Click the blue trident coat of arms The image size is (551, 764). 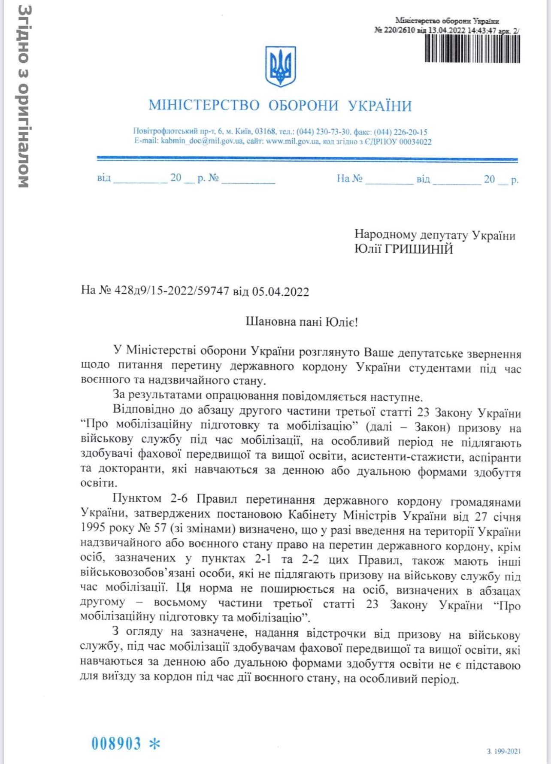(x=281, y=67)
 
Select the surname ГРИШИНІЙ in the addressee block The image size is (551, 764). (x=422, y=249)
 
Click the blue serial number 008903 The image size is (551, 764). (x=116, y=744)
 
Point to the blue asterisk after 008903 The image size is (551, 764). (x=154, y=744)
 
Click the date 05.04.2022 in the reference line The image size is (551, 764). (x=280, y=292)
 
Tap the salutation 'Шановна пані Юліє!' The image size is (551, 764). (x=302, y=322)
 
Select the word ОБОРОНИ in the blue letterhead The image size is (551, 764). (x=303, y=106)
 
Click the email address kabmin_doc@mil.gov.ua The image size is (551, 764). (x=202, y=141)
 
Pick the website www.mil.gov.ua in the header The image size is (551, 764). (x=293, y=141)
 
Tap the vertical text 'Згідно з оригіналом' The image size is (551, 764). (x=24, y=96)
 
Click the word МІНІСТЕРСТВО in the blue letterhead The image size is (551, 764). (x=204, y=106)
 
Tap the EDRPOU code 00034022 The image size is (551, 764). (x=415, y=141)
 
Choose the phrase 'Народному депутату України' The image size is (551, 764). (x=435, y=235)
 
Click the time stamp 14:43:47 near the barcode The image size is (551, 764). (x=482, y=30)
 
